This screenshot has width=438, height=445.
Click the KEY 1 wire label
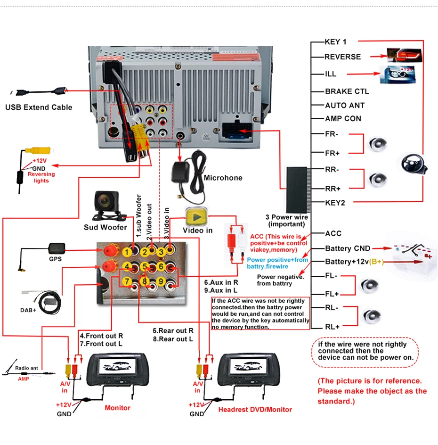[x=335, y=42]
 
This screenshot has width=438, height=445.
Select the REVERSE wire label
[x=342, y=57]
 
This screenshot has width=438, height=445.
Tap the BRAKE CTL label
[x=347, y=91]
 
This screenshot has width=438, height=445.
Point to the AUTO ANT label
[x=345, y=105]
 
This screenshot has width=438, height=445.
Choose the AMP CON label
[x=343, y=119]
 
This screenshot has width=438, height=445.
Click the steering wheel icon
[x=414, y=164]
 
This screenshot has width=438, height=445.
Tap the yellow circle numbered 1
[x=127, y=252]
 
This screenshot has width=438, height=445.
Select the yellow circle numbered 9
[x=161, y=281]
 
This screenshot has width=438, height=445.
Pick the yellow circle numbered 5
[x=145, y=266]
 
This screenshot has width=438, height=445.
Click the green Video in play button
[x=196, y=217]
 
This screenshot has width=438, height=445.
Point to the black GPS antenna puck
[x=57, y=248]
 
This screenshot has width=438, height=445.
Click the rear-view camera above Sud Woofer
[x=107, y=206]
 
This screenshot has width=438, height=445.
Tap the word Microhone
[x=223, y=178]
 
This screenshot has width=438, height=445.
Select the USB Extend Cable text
[x=39, y=107]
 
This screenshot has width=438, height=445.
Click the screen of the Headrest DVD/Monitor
[x=248, y=366]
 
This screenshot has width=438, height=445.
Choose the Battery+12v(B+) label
[x=354, y=262]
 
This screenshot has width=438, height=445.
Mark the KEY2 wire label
[x=335, y=203]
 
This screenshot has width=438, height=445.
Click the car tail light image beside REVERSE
[x=405, y=55]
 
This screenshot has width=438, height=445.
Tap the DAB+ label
[x=28, y=310]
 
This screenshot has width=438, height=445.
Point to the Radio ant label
[x=26, y=368]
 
